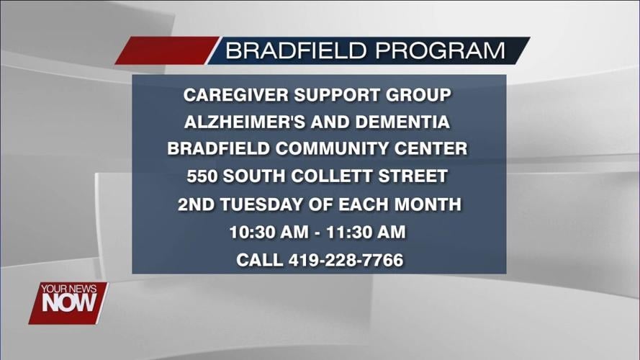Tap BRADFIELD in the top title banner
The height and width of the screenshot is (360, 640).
[297, 51]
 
